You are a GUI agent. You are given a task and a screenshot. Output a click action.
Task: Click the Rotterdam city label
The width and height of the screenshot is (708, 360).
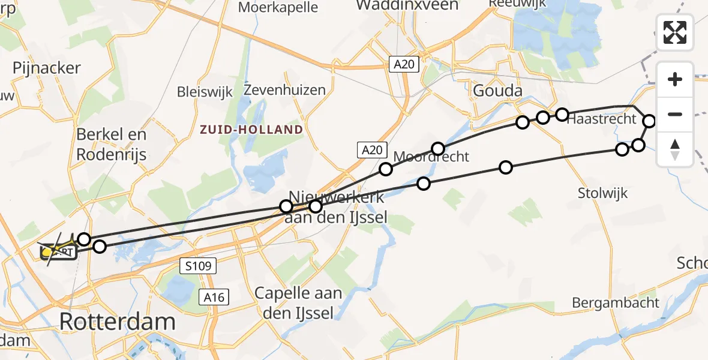(118, 322)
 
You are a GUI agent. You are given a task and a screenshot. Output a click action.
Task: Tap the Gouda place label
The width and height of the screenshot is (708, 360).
(497, 91)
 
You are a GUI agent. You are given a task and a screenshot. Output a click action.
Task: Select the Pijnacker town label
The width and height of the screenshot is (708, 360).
(46, 68)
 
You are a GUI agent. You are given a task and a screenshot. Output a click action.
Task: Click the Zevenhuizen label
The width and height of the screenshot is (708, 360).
(285, 90)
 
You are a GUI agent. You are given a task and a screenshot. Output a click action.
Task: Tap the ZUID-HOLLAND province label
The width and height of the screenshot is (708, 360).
(251, 130)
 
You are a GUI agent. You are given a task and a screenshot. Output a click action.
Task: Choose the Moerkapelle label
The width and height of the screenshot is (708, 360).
(278, 7)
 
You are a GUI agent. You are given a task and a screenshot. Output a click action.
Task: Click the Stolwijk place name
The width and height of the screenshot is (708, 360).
(602, 193)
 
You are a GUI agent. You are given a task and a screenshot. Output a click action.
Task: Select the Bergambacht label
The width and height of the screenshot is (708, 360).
(616, 302)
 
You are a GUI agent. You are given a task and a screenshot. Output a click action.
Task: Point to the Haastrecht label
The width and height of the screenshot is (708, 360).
(601, 119)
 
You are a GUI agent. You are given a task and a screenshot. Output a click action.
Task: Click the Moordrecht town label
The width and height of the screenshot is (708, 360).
(431, 157)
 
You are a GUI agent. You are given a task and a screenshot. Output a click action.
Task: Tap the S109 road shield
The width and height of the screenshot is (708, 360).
(197, 266)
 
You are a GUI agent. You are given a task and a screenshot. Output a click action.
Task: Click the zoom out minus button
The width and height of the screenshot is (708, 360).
(675, 114)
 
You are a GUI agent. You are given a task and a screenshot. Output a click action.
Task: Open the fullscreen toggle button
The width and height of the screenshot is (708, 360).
(675, 32)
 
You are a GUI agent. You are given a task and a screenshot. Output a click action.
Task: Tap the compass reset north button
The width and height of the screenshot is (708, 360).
(675, 149)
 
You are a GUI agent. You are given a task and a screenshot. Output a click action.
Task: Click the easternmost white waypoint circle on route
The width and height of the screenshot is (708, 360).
(650, 121)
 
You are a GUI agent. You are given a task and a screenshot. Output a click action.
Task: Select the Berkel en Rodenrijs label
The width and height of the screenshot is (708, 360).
(112, 145)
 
